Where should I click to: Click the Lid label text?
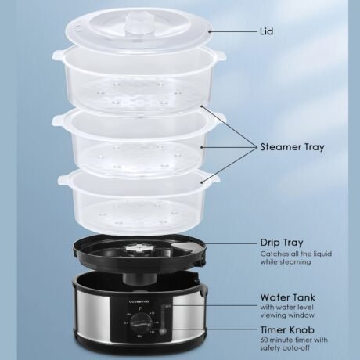(267, 31)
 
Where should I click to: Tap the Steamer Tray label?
(292, 147)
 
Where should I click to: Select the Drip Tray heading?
(282, 243)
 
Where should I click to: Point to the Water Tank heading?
(287, 297)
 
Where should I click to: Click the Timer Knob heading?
(287, 330)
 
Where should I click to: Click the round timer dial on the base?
(141, 322)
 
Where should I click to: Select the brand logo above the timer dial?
(139, 301)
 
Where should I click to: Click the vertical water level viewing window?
(164, 319)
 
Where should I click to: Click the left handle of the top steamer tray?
(57, 55)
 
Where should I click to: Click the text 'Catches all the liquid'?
(296, 254)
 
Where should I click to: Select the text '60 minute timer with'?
(293, 340)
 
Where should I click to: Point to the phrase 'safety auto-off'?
(285, 348)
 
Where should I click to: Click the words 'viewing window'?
(287, 315)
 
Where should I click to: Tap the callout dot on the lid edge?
(209, 31)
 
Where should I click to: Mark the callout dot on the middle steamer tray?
(202, 147)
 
